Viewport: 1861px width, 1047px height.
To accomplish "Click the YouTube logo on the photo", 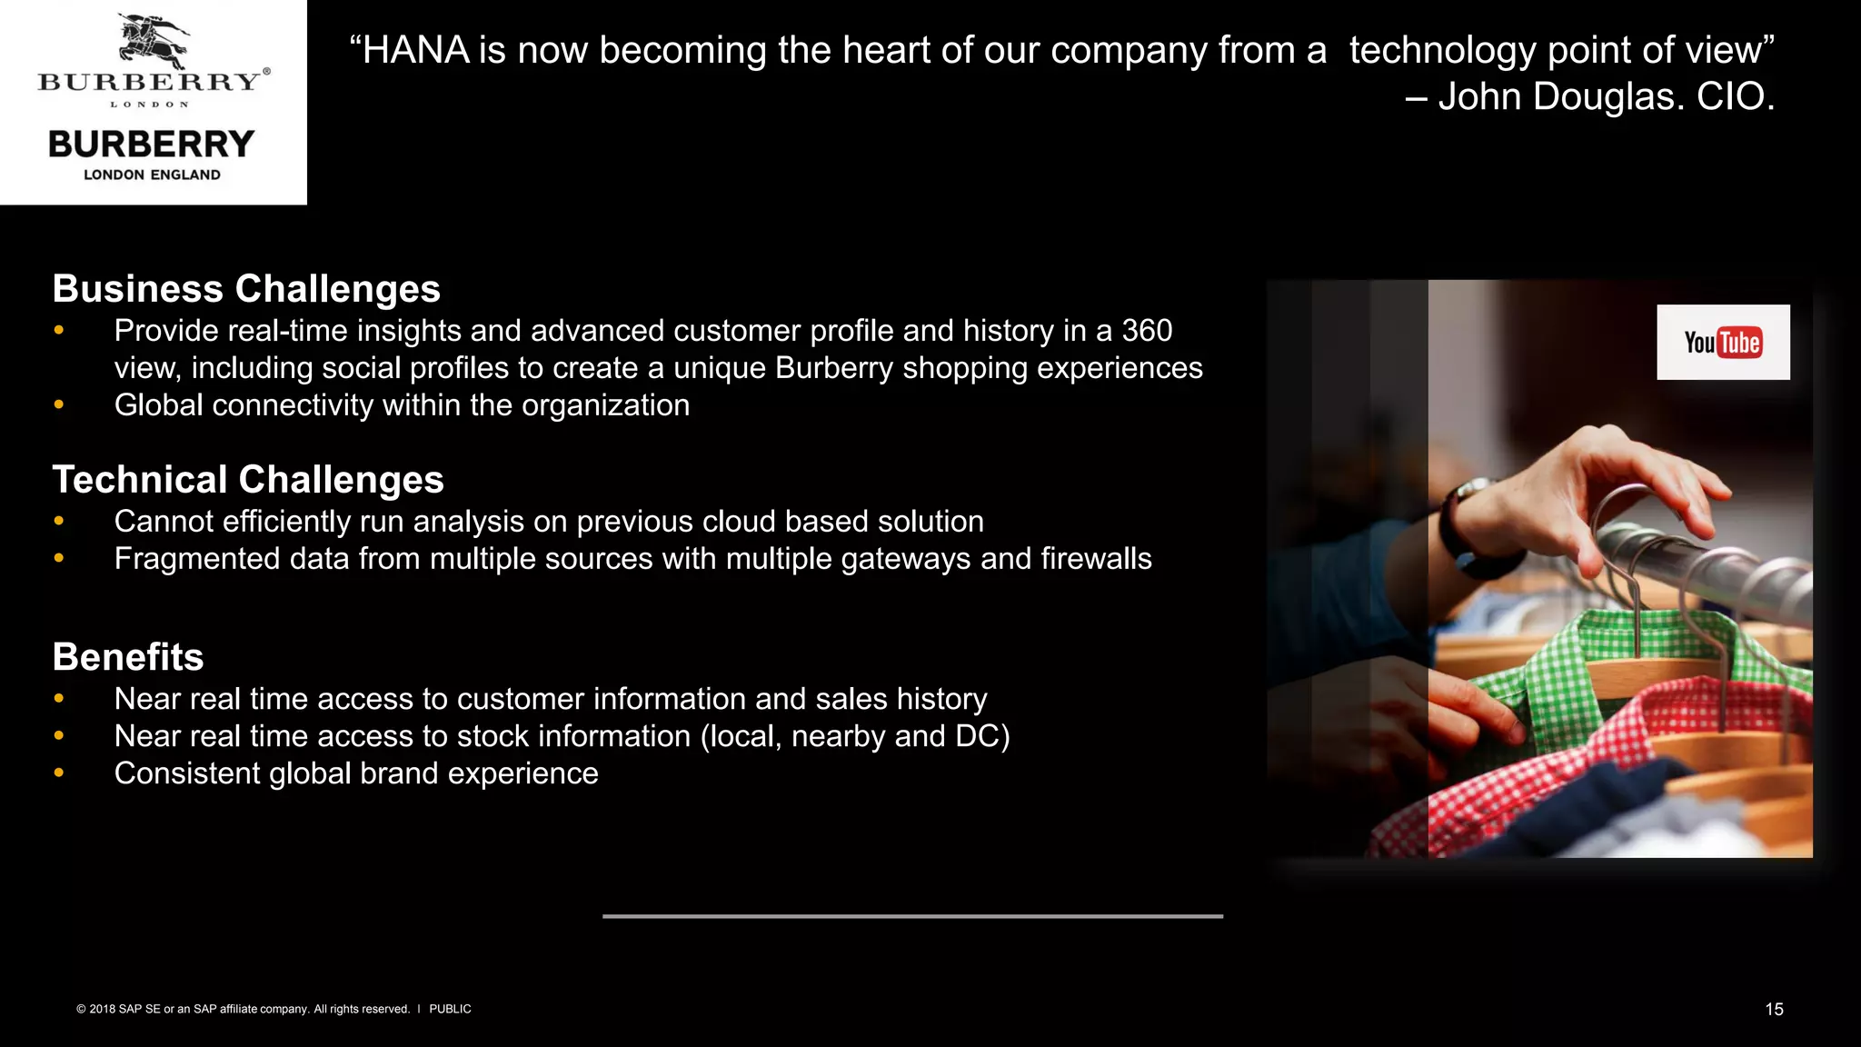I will [1723, 343].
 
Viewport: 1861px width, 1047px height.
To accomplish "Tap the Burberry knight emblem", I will [152, 42].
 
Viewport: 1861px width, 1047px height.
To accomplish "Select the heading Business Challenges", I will [246, 289].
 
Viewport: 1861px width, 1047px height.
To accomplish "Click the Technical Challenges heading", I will [248, 480].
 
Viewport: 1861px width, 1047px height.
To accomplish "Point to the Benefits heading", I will [128, 657].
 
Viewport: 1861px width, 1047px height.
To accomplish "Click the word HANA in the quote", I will [415, 51].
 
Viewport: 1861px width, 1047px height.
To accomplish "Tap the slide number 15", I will [1774, 1010].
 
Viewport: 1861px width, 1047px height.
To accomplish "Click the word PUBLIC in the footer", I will [450, 1009].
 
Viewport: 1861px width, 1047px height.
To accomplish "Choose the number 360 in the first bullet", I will [1147, 331].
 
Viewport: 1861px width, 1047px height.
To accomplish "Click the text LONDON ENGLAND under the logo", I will [152, 174].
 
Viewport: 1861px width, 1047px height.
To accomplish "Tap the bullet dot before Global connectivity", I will [59, 404].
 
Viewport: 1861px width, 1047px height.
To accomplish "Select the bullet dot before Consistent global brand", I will [59, 773].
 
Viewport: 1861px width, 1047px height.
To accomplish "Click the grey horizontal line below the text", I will [912, 916].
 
